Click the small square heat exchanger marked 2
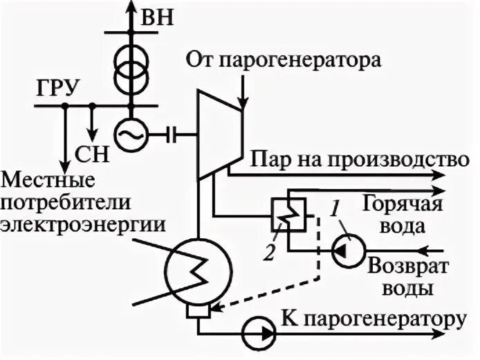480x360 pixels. pyautogui.click(x=283, y=214)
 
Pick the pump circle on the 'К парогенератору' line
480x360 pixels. pyautogui.click(x=257, y=332)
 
